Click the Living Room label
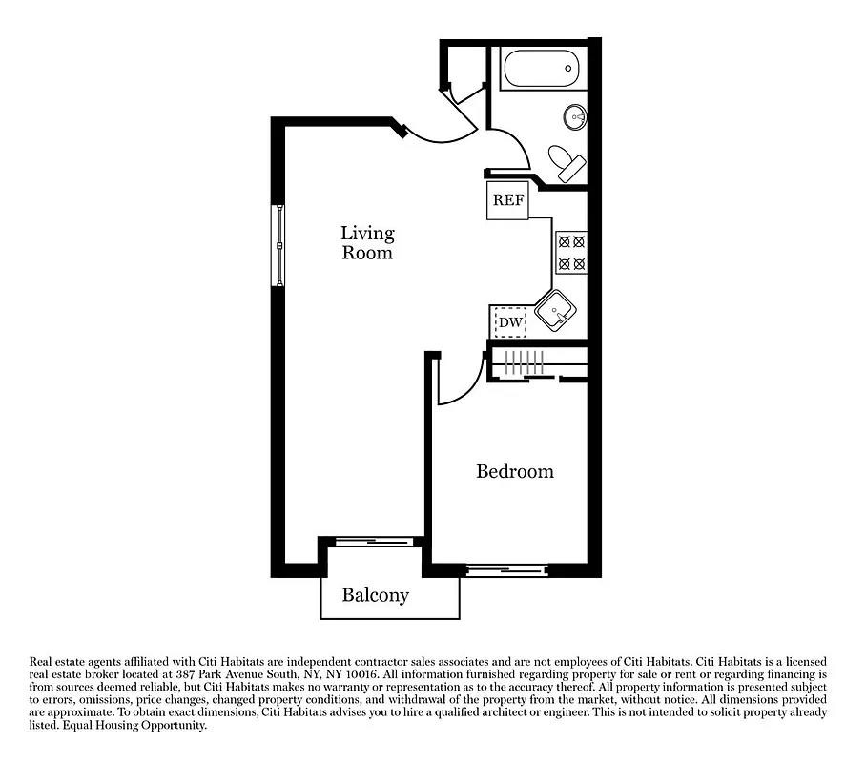click(x=367, y=243)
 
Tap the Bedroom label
click(x=514, y=471)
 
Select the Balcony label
click(x=375, y=595)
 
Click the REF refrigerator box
click(x=507, y=201)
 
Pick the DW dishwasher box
click(x=510, y=323)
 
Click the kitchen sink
click(x=554, y=310)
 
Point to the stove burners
click(x=570, y=253)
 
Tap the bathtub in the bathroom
click(x=540, y=70)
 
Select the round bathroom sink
click(x=575, y=116)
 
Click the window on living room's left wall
click(x=279, y=245)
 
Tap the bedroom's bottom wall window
click(x=506, y=571)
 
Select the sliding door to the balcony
click(x=373, y=541)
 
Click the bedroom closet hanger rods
click(x=524, y=363)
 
